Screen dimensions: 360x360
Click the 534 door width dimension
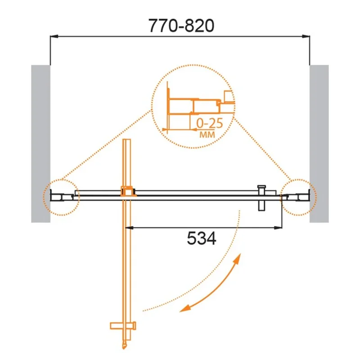[202, 238]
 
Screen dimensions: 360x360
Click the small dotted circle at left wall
[61, 196]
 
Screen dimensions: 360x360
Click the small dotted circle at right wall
[299, 196]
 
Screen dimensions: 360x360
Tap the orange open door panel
[127, 261]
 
